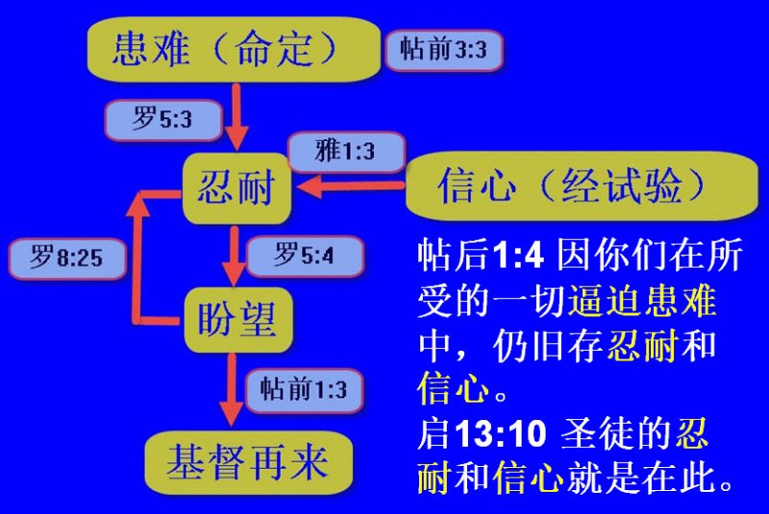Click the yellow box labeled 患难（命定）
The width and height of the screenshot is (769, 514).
(234, 49)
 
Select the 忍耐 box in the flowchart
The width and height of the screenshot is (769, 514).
(236, 188)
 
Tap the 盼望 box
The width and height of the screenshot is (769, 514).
(237, 320)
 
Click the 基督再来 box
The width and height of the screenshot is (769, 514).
(249, 463)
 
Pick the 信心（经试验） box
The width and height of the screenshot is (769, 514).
(582, 186)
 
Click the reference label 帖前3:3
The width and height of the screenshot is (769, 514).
(444, 50)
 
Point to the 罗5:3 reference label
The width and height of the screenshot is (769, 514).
(162, 119)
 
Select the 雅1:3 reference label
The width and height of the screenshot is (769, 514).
(346, 151)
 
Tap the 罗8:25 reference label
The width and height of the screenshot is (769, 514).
(67, 257)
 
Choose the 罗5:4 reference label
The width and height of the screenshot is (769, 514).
(305, 256)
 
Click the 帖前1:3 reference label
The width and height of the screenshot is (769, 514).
(304, 390)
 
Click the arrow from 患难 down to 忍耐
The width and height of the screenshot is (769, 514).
(236, 116)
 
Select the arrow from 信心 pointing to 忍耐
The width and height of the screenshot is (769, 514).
(350, 186)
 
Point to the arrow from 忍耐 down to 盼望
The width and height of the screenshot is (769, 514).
(235, 256)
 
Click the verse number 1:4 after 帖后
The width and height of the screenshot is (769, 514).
(518, 256)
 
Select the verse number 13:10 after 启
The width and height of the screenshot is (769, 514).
(501, 433)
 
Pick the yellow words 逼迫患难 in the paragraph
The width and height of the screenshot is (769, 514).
(642, 300)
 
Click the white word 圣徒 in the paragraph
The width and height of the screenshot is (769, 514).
(597, 433)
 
